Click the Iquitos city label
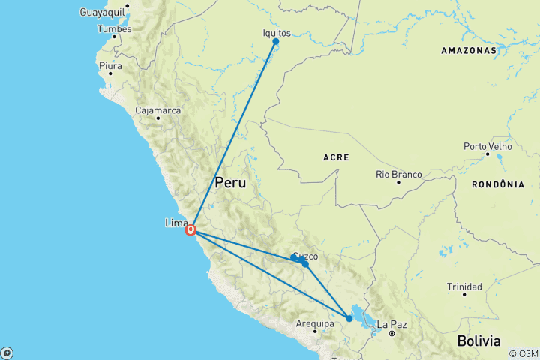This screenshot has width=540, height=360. click(x=277, y=33)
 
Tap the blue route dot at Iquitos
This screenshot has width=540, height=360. click(x=276, y=42)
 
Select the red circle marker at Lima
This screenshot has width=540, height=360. click(x=191, y=230)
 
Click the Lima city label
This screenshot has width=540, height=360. click(x=175, y=223)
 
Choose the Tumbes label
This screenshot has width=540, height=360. click(x=114, y=29)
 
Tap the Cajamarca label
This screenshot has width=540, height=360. click(x=157, y=110)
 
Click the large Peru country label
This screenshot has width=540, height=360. click(x=230, y=182)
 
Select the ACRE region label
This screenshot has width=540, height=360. click(x=335, y=158)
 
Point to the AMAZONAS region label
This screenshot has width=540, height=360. click(x=469, y=51)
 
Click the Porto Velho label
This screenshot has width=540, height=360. click(x=487, y=146)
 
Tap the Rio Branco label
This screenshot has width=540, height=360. click(x=398, y=175)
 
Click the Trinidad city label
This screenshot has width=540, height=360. click(x=464, y=286)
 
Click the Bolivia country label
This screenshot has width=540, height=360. click(x=478, y=341)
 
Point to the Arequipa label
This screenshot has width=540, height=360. click(x=313, y=324)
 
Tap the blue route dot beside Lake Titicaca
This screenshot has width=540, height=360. click(x=349, y=319)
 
